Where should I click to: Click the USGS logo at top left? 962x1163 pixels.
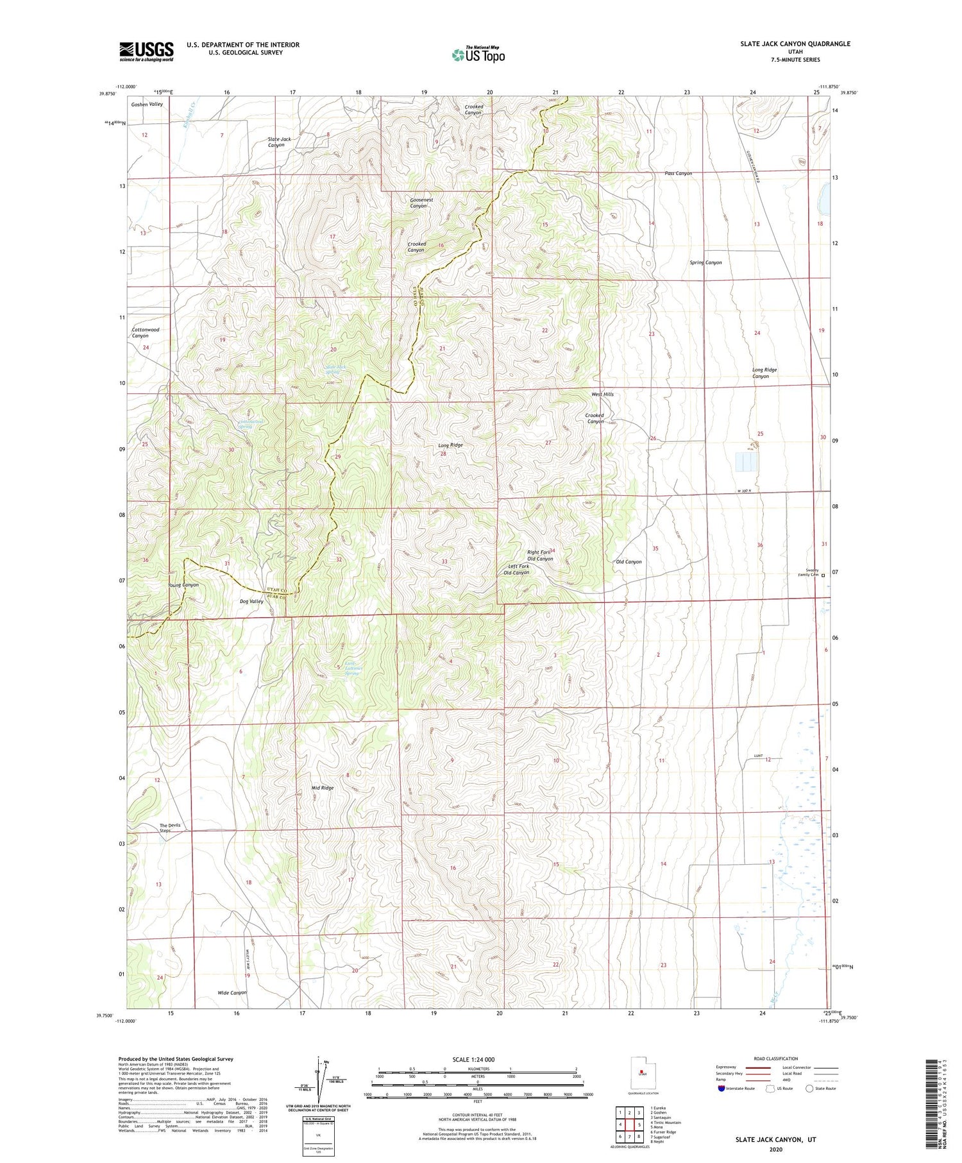pos(146,51)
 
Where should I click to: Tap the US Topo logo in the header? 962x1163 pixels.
pos(478,55)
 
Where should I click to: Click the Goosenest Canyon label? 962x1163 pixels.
pos(421,203)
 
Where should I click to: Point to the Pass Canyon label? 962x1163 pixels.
pos(678,173)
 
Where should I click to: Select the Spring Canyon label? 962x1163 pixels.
pos(705,262)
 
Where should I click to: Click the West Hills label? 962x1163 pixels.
pos(602,394)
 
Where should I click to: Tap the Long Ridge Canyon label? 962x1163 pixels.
pos(764,373)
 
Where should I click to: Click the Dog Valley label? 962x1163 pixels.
pos(251,601)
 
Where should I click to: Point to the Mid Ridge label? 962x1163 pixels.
pos(323,787)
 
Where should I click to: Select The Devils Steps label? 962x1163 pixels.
pos(170,828)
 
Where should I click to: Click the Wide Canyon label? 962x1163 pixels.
pos(232,992)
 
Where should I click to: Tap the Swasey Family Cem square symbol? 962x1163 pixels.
pos(823,575)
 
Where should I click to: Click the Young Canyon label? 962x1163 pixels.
pos(183,584)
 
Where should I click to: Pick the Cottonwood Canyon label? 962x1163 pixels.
pos(145,332)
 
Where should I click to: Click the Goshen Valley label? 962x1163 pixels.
pos(147,104)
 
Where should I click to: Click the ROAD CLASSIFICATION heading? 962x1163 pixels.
pos(776,1058)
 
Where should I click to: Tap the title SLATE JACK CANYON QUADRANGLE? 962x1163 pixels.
pos(795,44)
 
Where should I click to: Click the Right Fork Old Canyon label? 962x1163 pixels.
pos(539,556)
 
